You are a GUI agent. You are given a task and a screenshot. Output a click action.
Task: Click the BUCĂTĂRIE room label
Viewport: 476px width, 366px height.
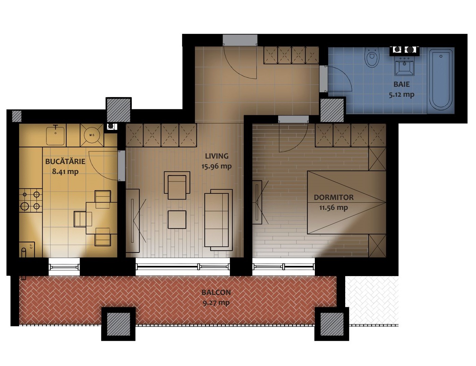click(x=65, y=162)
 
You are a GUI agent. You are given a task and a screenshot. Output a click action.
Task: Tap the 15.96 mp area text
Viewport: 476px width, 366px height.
click(x=216, y=166)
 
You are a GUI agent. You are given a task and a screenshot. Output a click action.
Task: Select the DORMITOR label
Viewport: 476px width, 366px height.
click(x=333, y=197)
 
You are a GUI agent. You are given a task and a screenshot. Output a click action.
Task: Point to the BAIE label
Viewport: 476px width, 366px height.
click(x=401, y=84)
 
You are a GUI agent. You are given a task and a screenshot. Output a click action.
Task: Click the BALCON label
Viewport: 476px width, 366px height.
click(x=216, y=293)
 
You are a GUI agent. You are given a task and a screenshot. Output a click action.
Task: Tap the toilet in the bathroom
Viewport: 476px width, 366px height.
click(x=372, y=57)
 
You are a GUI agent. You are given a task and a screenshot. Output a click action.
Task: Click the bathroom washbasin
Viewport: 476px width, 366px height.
click(x=404, y=65)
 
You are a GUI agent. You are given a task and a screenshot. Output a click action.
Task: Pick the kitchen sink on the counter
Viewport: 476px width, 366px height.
click(x=56, y=135)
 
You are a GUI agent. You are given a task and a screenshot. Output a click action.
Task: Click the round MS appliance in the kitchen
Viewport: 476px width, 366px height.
click(x=92, y=135)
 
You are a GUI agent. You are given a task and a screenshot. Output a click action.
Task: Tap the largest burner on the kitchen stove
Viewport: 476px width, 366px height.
click(x=25, y=206)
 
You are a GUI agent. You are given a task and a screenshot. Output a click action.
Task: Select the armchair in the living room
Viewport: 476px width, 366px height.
click(x=177, y=185)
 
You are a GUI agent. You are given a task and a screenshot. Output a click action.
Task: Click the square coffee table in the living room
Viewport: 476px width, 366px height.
click(x=177, y=220)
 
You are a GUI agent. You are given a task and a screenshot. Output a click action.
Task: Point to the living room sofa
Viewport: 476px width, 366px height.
click(x=218, y=220)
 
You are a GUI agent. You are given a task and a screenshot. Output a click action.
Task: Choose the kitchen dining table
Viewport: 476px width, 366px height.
click(x=101, y=218)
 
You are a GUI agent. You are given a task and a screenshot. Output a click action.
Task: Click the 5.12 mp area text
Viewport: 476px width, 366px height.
click(x=401, y=95)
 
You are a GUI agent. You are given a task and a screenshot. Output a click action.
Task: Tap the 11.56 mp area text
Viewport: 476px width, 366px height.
click(x=333, y=207)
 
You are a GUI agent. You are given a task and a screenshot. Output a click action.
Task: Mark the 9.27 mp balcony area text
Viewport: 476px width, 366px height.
click(x=216, y=303)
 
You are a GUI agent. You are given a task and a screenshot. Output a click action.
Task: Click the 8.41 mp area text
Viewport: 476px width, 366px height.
click(x=65, y=172)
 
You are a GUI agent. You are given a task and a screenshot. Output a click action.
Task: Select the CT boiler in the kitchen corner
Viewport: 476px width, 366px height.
click(x=27, y=249)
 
